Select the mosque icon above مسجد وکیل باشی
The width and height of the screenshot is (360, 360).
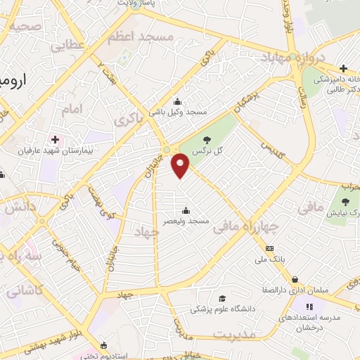tap(176, 101)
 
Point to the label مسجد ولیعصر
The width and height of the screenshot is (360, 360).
tap(185, 221)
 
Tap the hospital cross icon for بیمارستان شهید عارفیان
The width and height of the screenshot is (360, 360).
tap(55, 140)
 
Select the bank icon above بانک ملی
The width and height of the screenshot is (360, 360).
tap(269, 248)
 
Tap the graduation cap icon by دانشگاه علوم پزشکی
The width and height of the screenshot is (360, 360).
tap(221, 298)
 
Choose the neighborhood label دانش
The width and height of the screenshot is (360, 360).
tap(19, 208)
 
